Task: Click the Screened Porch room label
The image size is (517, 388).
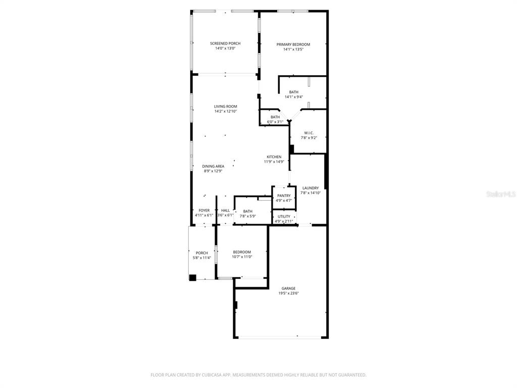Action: click(225, 43)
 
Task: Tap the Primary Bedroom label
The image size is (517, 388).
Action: click(293, 44)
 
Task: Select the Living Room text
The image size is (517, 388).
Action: click(225, 107)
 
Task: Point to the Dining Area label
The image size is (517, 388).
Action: click(213, 166)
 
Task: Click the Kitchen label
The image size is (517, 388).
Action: click(274, 157)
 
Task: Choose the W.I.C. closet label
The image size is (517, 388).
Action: click(309, 133)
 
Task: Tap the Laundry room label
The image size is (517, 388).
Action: click(311, 188)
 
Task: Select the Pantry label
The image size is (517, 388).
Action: click(284, 196)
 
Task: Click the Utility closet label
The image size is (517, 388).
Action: click(284, 216)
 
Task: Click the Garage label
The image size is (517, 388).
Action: click(288, 288)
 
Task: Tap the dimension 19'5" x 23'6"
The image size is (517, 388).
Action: click(288, 294)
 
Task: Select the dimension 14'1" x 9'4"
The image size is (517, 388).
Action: click(293, 97)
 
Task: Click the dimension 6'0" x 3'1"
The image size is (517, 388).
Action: click(275, 122)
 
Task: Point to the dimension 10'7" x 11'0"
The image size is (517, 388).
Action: click(242, 257)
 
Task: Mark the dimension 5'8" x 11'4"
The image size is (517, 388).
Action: click(201, 258)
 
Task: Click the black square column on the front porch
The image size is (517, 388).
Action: click(192, 277)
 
